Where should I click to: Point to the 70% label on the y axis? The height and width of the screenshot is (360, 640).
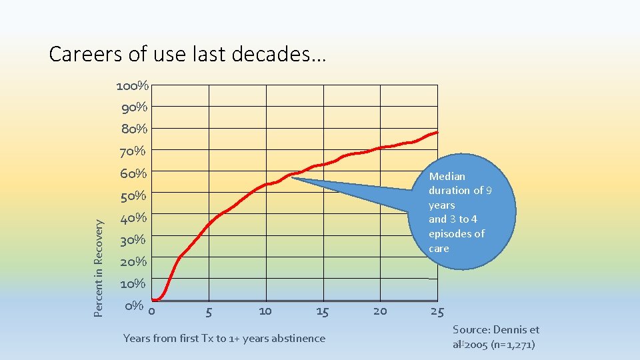coord(133,151)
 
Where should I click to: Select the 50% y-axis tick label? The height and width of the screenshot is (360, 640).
coord(133,196)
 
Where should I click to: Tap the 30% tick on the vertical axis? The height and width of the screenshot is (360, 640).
coord(133,239)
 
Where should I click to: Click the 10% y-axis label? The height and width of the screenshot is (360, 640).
coord(133,283)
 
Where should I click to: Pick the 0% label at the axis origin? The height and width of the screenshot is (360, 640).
coord(134,306)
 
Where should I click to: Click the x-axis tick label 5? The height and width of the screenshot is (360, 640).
coord(209,311)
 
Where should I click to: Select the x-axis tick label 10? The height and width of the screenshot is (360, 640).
coord(265,311)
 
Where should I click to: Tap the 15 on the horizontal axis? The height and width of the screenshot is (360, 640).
coord(322,311)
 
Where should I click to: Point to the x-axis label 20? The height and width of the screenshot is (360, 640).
coord(380,311)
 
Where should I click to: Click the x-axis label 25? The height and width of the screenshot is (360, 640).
coord(437,311)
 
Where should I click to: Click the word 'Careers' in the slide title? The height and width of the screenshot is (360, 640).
coord(85,53)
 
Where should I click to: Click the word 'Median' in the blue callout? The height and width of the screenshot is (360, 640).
coord(447,176)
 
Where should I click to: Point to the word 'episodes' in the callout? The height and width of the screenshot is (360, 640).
coord(451,233)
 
